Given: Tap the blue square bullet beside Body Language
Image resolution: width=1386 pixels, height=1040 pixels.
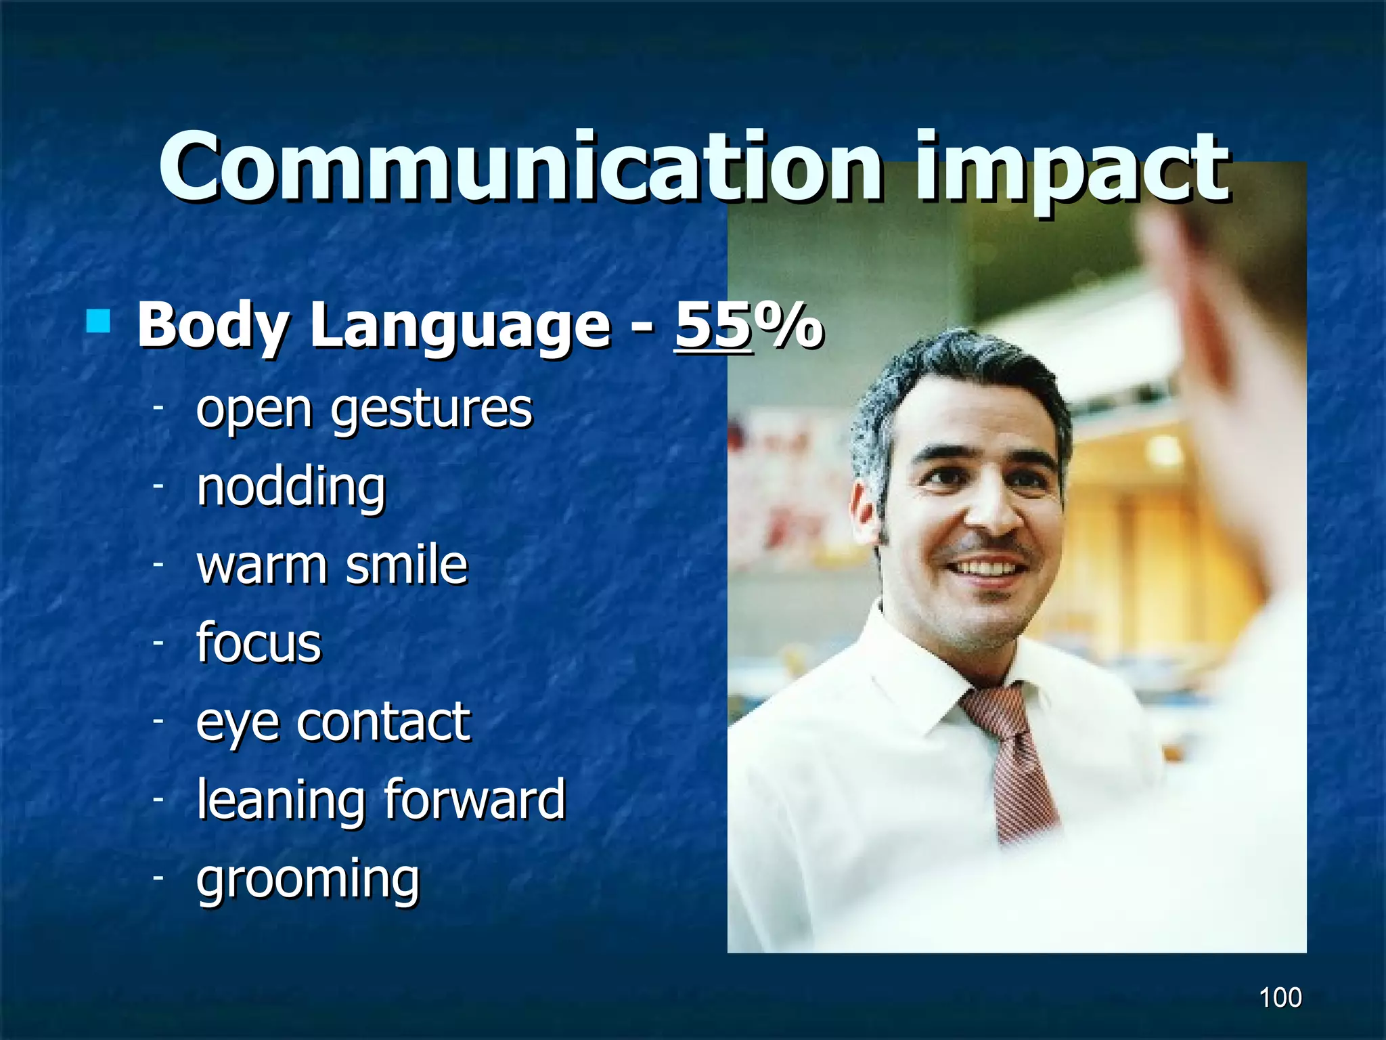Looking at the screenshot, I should [x=98, y=322].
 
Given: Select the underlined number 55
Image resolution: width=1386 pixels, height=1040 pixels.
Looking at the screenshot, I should [x=713, y=325].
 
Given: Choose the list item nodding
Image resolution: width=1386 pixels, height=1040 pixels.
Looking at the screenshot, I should [x=291, y=487].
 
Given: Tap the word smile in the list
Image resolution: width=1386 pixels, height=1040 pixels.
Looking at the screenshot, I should [x=406, y=565].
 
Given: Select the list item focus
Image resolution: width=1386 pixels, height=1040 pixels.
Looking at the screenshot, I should [x=259, y=643].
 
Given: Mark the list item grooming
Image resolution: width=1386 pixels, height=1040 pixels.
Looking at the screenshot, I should [x=308, y=880].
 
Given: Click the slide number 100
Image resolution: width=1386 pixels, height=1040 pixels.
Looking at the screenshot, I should [x=1280, y=997].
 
